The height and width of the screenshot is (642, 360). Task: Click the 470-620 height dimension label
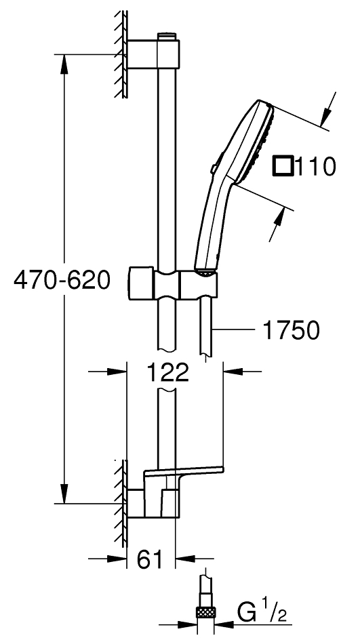[62, 280]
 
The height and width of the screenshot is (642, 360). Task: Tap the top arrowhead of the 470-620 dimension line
[64, 61]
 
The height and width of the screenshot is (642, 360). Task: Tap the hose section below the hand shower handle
[205, 325]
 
